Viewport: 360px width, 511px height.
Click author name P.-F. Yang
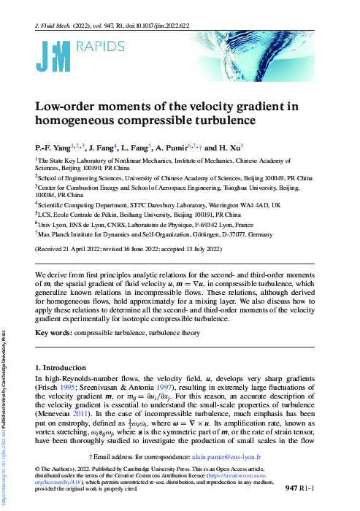coord(54,146)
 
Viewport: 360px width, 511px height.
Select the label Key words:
coord(53,333)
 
